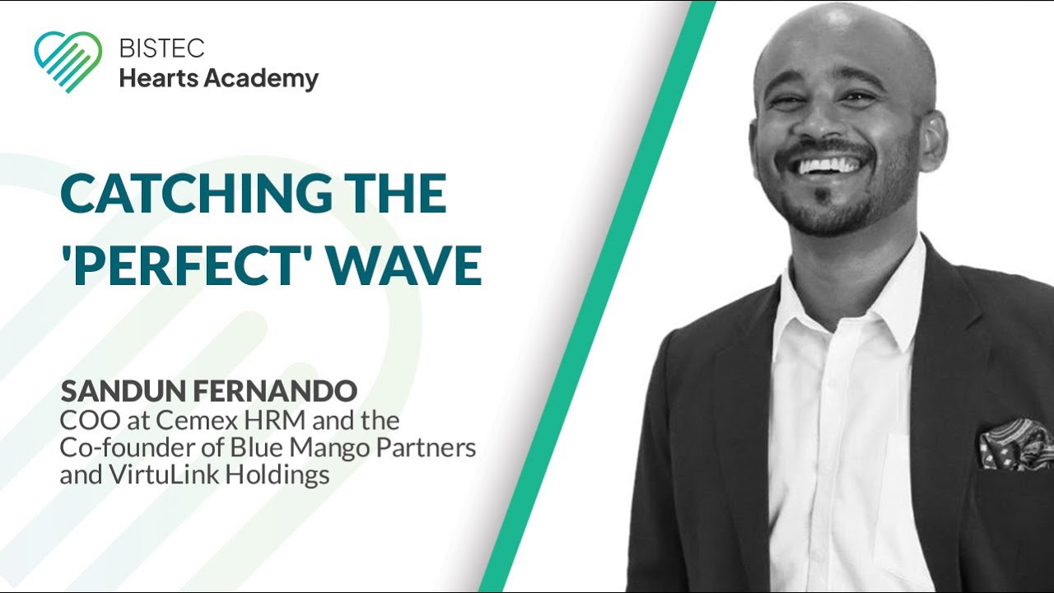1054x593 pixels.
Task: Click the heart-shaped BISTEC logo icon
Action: pyautogui.click(x=68, y=61)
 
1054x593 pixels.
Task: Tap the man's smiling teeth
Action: pyautogui.click(x=826, y=166)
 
